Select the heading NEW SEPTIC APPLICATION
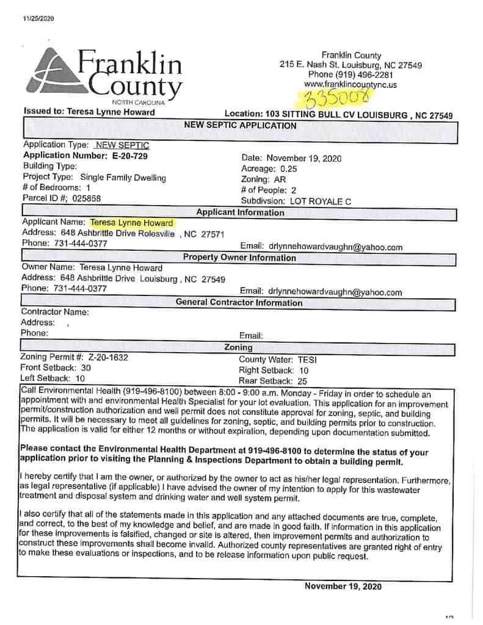240,126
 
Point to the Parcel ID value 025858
87,198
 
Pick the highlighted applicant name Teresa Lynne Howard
131,223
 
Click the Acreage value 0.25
288,168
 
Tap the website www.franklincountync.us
350,85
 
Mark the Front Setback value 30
85,368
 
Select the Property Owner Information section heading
239,258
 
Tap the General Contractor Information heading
239,303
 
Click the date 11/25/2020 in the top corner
38,18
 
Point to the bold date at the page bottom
343,587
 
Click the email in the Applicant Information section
335,247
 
